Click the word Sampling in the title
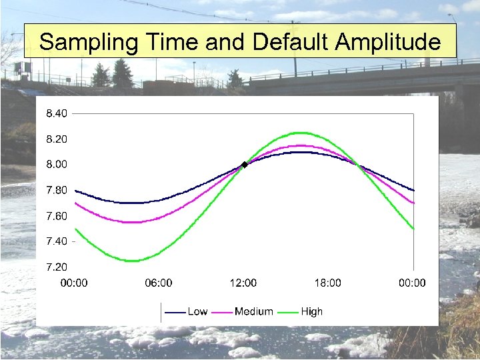pos(88,43)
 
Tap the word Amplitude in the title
pos(387,42)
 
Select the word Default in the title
pos(291,42)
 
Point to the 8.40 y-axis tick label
pos(56,113)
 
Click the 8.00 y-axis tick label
pos(56,164)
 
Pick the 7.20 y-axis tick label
pos(56,267)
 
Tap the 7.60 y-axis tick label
pos(56,216)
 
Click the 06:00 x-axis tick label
pos(159,283)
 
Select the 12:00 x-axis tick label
pos(243,283)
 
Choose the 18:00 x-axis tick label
pos(327,283)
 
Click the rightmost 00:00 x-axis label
pos(412,283)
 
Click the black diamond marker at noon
pos(244,164)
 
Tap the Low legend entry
pos(197,311)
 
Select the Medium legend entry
pos(253,311)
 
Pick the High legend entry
pos(311,311)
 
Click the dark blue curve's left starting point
pos(75,190)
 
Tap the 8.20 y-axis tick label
pos(56,139)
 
